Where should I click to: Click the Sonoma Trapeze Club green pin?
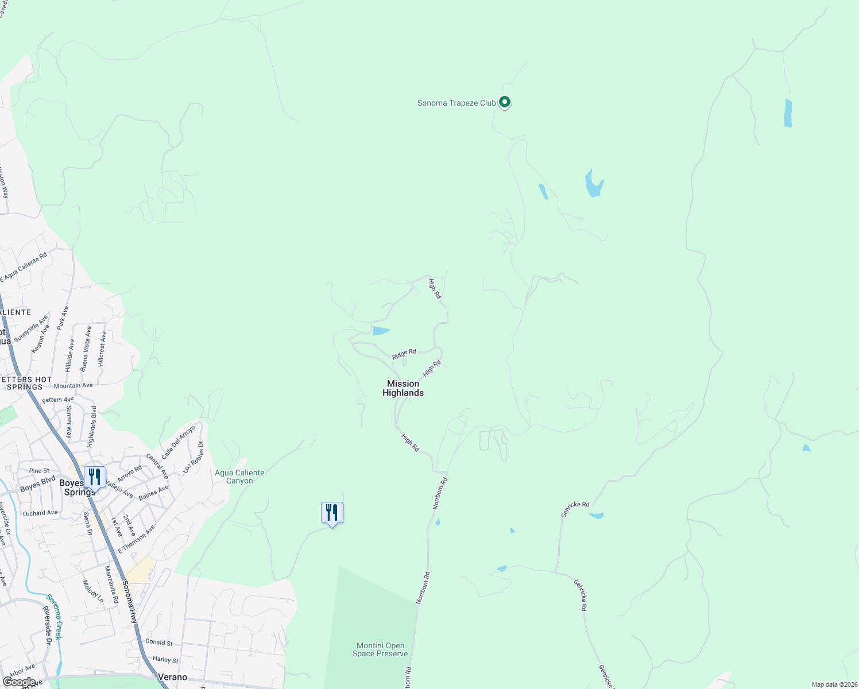click(x=505, y=102)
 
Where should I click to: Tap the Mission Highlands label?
click(x=403, y=388)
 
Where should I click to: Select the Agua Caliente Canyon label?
click(x=239, y=477)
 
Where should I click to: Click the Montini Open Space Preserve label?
click(x=380, y=649)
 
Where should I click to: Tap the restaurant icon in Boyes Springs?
click(x=95, y=477)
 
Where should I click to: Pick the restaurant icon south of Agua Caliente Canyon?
click(x=332, y=512)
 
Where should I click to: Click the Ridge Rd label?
click(x=404, y=354)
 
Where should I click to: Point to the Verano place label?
click(x=172, y=677)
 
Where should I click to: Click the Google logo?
click(x=19, y=682)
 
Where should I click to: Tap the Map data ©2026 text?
click(x=834, y=684)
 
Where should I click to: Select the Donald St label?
click(x=159, y=642)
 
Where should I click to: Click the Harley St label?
click(x=165, y=660)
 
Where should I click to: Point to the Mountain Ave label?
click(x=73, y=386)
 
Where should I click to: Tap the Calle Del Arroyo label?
click(x=179, y=442)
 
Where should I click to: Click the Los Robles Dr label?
click(x=193, y=458)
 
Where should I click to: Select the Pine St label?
click(x=39, y=470)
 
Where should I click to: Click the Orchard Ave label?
click(x=40, y=513)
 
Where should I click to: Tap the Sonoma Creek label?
click(x=54, y=617)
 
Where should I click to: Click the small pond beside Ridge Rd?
click(x=381, y=331)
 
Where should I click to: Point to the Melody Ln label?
click(x=93, y=591)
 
